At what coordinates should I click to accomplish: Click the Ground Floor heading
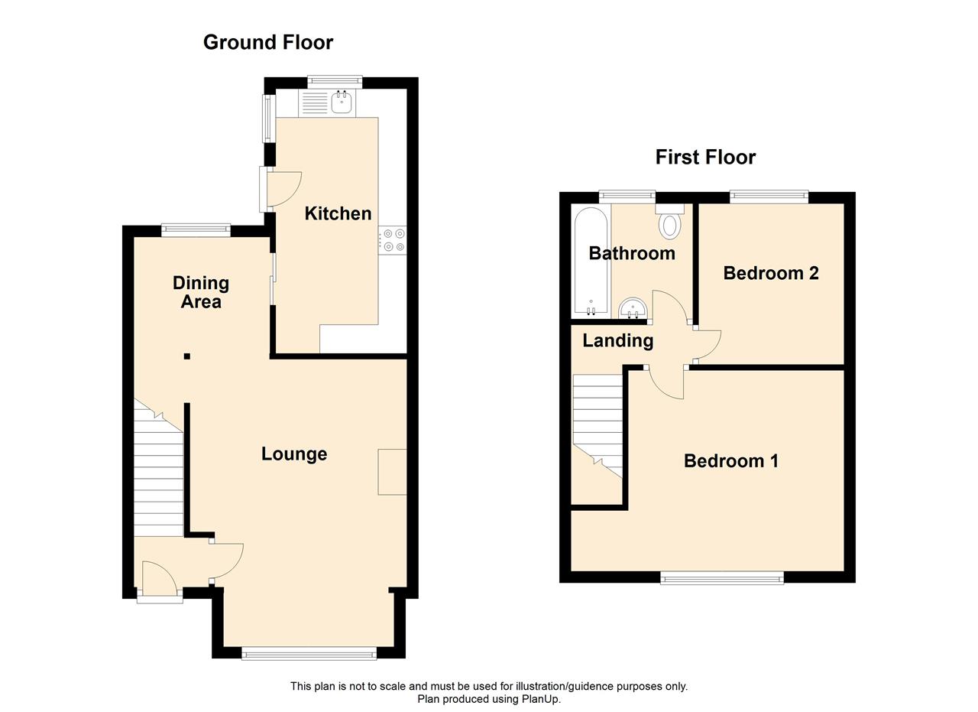click(268, 43)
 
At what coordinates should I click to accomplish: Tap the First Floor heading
click(705, 158)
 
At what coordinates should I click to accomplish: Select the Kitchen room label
click(338, 213)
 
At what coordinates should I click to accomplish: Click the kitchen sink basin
click(342, 102)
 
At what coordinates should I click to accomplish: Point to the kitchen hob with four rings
click(393, 240)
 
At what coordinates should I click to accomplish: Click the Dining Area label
click(201, 292)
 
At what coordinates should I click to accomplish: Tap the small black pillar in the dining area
click(187, 356)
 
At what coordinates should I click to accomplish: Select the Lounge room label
click(294, 454)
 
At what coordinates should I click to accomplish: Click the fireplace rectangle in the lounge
click(393, 472)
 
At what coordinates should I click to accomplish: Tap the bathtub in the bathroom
click(591, 261)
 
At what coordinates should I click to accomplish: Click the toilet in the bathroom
click(670, 223)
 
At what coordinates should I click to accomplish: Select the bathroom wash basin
click(633, 308)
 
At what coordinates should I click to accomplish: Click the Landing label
click(618, 341)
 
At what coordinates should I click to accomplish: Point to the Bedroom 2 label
click(771, 273)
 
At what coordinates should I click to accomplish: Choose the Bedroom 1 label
click(731, 461)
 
